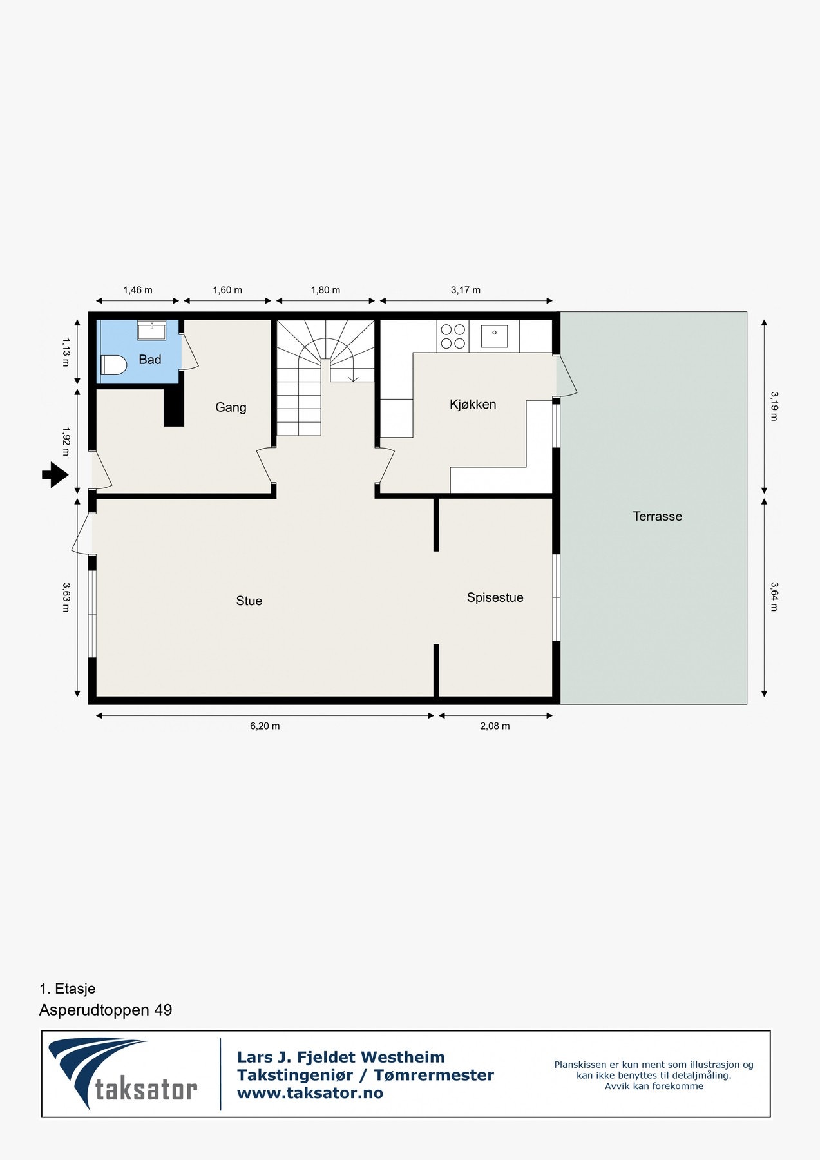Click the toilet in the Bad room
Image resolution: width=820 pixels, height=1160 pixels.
pyautogui.click(x=113, y=365)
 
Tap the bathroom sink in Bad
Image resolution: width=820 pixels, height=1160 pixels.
pyautogui.click(x=151, y=330)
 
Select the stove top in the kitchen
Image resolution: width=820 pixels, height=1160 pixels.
pyautogui.click(x=453, y=336)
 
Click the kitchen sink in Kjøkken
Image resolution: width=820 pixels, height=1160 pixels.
pyautogui.click(x=494, y=336)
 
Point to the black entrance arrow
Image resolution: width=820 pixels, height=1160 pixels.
pyautogui.click(x=55, y=476)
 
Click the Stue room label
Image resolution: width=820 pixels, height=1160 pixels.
pyautogui.click(x=249, y=601)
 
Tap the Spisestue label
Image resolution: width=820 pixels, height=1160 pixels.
pyautogui.click(x=495, y=597)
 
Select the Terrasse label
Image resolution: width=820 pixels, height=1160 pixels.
pyautogui.click(x=657, y=516)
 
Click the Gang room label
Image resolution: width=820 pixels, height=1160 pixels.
pyautogui.click(x=231, y=407)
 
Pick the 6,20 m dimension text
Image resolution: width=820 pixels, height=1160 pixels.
pyautogui.click(x=265, y=726)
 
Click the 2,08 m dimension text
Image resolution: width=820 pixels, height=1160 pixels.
pyautogui.click(x=495, y=726)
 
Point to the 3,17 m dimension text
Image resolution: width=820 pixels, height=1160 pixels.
pyautogui.click(x=465, y=290)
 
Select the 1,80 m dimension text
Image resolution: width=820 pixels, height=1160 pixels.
pyautogui.click(x=325, y=290)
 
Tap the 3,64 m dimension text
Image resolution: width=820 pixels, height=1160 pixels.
pyautogui.click(x=774, y=596)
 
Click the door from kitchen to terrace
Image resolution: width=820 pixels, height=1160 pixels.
pyautogui.click(x=566, y=376)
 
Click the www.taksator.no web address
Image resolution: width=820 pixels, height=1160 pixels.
pyautogui.click(x=310, y=1093)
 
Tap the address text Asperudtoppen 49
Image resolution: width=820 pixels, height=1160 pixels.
pyautogui.click(x=106, y=1010)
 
